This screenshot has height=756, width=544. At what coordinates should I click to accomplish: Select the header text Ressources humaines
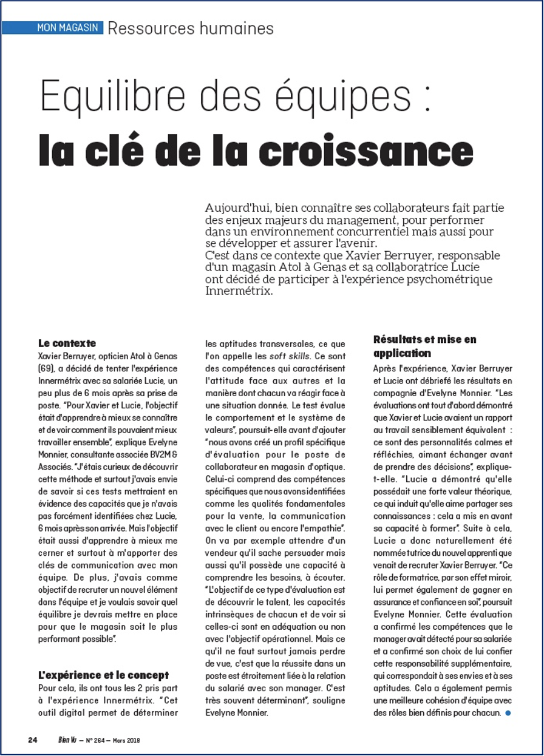coord(191,28)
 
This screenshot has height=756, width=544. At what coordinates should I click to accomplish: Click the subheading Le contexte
coord(67,343)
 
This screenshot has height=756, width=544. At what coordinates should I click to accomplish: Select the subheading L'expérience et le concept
coord(103,675)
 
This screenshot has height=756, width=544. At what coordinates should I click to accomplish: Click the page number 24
coord(33,740)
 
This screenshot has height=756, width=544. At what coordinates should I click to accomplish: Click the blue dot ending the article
coord(508,713)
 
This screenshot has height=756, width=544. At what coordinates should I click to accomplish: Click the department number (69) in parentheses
coord(46,368)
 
